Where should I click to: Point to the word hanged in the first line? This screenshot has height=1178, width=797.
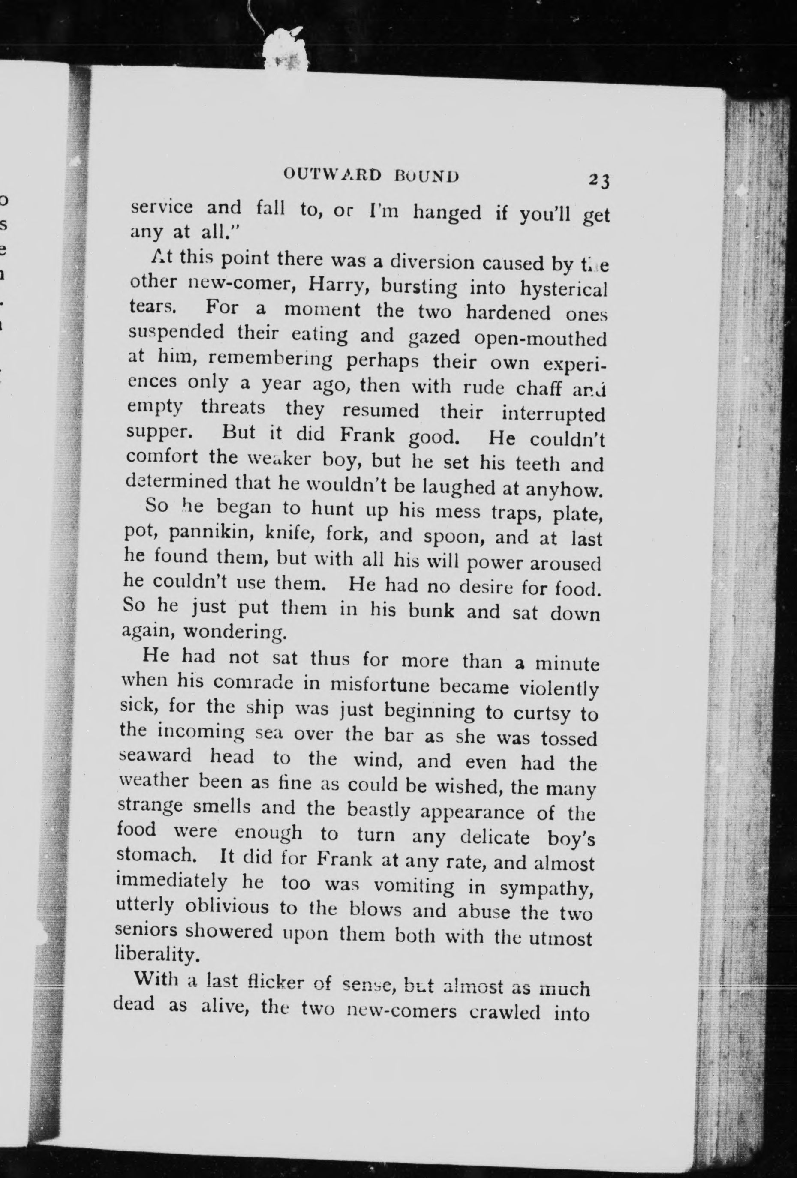tap(446, 213)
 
